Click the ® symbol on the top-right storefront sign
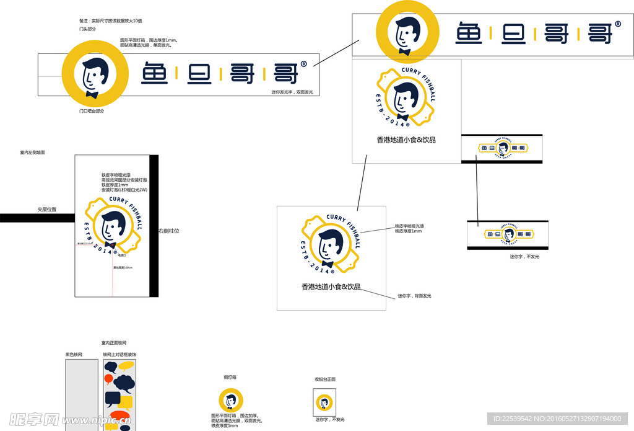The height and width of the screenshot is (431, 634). [x=618, y=24]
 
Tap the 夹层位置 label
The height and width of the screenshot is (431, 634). [x=46, y=210]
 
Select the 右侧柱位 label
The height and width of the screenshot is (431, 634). [x=169, y=231]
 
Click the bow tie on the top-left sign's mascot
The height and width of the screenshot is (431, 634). [x=92, y=95]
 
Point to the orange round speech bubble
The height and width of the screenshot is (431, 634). [x=109, y=378]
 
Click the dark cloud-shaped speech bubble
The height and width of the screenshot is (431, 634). [x=124, y=382]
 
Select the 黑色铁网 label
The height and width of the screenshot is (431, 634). [x=74, y=355]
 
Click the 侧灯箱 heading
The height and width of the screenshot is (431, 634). [x=230, y=376]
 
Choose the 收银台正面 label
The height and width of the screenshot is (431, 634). [x=325, y=379]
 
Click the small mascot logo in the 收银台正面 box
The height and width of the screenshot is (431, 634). [x=324, y=403]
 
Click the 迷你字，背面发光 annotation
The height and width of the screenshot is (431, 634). [x=414, y=296]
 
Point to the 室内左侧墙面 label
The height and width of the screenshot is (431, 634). [x=32, y=152]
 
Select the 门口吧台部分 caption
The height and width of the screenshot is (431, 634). [x=92, y=111]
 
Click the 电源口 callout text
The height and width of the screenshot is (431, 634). [x=122, y=255]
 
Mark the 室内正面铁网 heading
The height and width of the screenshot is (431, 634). [x=114, y=342]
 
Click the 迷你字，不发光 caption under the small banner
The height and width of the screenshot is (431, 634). [x=524, y=256]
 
